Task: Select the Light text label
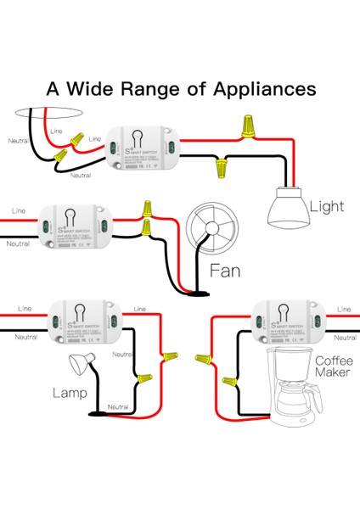[328, 205]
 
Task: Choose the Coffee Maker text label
[332, 366]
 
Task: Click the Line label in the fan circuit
[18, 209]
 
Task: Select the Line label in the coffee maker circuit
[343, 310]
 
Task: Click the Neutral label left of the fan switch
[18, 243]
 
